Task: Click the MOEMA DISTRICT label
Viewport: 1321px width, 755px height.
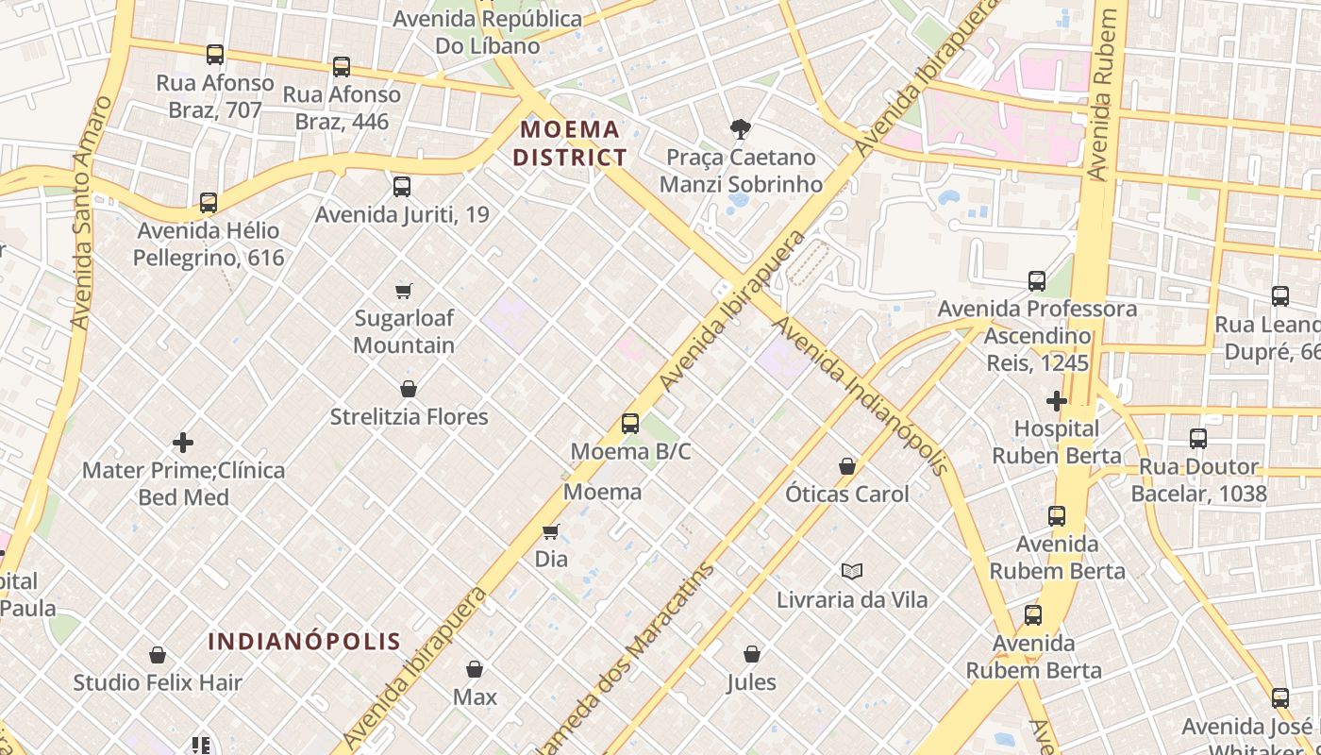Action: (571, 143)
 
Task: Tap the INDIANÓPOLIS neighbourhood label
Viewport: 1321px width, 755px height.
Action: (304, 642)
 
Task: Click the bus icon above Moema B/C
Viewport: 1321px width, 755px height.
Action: (630, 424)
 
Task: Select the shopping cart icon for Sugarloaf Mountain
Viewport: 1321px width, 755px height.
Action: (404, 291)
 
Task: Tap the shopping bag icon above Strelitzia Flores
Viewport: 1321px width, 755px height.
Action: (409, 389)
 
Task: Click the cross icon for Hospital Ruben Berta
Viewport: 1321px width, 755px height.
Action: (1056, 401)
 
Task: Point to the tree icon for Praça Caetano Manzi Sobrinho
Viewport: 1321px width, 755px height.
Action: (741, 129)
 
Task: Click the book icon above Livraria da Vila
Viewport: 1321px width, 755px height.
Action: (852, 571)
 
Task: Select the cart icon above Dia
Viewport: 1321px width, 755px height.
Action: (551, 532)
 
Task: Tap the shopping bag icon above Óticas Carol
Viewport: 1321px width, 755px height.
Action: (847, 466)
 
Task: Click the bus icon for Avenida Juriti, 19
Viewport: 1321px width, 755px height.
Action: (402, 186)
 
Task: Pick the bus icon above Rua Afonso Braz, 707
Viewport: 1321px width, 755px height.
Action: (215, 55)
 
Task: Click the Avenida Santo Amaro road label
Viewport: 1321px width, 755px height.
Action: (92, 212)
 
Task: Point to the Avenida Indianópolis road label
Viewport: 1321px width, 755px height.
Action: (861, 396)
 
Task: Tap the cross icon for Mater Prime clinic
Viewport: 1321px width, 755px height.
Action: (183, 442)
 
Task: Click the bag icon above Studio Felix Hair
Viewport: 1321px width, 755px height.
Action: (158, 655)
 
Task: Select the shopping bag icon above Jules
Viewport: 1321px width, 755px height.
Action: (752, 654)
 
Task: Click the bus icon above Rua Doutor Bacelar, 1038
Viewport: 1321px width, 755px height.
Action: (1197, 439)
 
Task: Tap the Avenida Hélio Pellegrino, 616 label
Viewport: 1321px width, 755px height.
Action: (208, 243)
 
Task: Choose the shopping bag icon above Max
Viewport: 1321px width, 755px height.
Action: (475, 669)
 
